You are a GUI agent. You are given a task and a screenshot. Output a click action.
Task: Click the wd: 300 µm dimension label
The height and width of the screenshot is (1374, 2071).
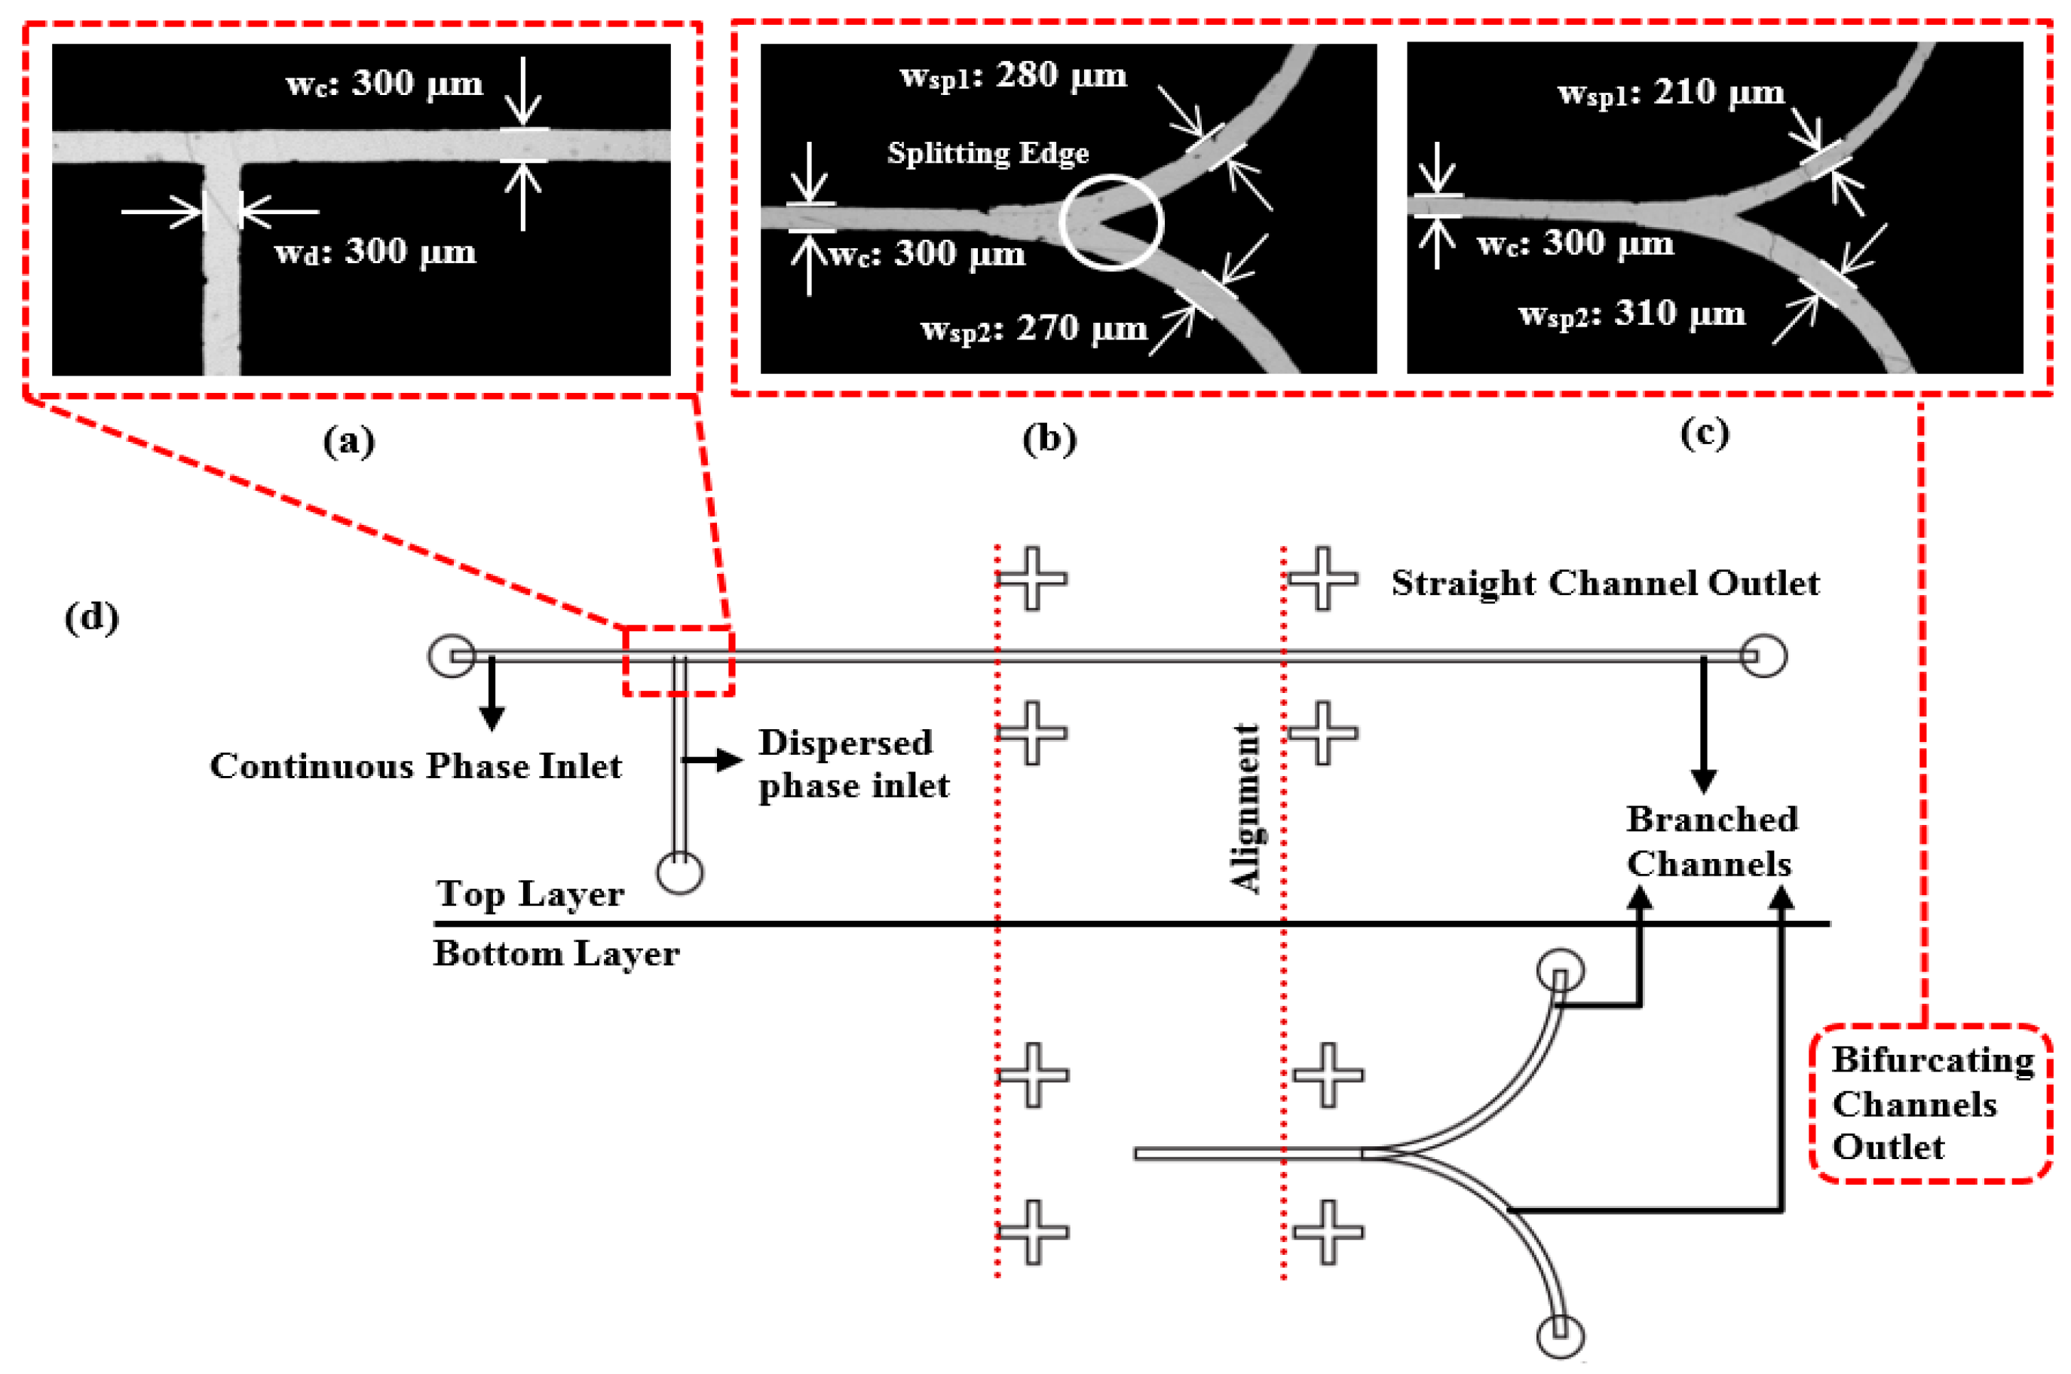tap(375, 253)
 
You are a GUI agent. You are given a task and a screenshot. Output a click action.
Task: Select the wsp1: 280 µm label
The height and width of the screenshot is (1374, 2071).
tap(1013, 76)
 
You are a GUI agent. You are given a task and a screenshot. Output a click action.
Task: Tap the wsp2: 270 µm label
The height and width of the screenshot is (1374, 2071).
tap(1034, 330)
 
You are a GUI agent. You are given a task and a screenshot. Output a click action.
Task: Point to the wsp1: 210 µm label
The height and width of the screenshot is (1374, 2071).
tap(1670, 93)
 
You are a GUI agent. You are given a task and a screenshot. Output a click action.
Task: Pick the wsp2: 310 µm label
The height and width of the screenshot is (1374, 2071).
tap(1631, 314)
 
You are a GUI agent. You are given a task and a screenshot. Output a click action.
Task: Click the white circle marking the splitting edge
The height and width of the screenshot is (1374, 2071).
tap(1111, 222)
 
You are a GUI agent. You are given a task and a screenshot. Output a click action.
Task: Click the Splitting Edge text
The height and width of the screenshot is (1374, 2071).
tap(988, 153)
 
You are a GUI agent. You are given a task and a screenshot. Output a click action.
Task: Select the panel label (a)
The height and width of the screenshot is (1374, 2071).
tap(348, 440)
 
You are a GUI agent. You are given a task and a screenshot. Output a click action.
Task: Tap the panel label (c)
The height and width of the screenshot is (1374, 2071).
tap(1704, 433)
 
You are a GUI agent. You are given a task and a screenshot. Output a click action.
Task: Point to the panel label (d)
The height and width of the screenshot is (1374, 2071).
tap(91, 618)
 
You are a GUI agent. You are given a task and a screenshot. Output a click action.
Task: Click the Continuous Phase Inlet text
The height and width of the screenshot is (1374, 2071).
tap(415, 767)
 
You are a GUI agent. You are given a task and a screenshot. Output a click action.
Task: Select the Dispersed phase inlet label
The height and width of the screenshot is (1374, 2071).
tap(853, 764)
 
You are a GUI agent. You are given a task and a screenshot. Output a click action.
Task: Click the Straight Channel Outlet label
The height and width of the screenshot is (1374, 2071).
tap(1605, 584)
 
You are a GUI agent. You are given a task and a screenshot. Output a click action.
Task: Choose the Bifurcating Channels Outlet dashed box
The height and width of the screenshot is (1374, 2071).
tap(1931, 1103)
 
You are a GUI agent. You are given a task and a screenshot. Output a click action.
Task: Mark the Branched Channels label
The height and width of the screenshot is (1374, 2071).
tap(1711, 842)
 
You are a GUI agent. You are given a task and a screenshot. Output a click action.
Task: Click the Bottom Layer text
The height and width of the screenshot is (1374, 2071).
tap(556, 954)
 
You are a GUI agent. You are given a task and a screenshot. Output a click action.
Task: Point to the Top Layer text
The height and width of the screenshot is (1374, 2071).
tap(530, 894)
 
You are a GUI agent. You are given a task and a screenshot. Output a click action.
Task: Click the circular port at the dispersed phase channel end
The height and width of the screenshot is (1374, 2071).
tap(680, 873)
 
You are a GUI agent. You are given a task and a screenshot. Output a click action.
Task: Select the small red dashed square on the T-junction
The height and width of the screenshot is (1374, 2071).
tap(678, 661)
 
